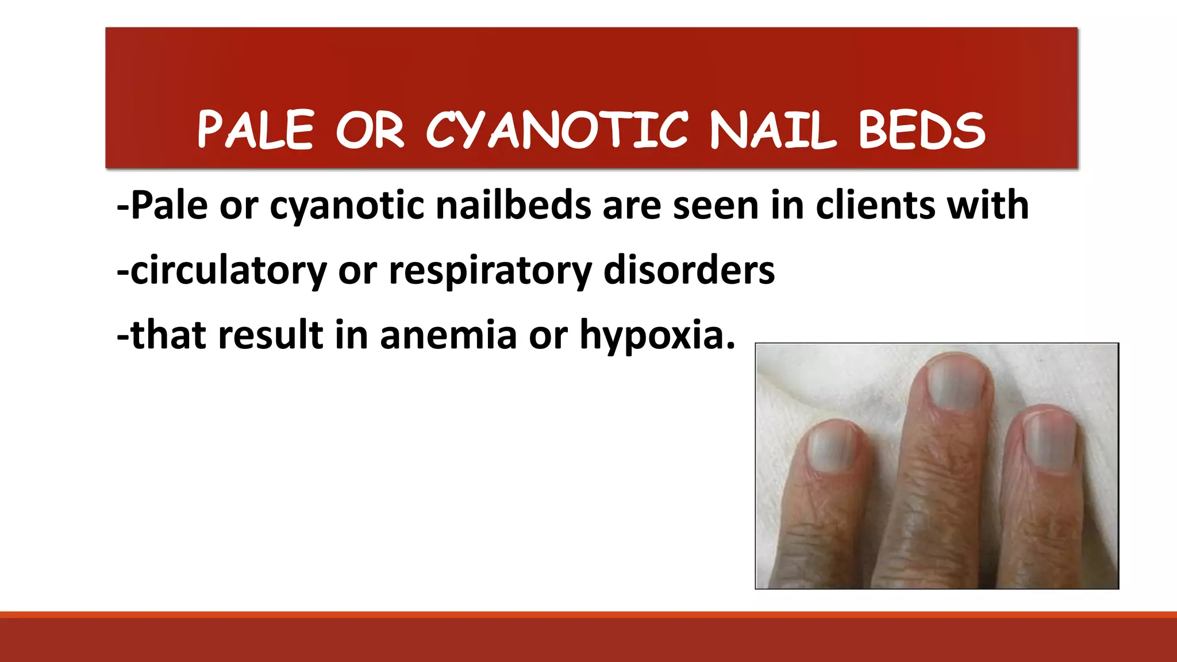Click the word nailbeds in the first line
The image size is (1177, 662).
513,205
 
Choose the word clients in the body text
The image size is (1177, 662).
875,205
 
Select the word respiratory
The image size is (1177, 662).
490,270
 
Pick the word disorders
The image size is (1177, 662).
688,270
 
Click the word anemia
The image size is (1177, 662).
448,335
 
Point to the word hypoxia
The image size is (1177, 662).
657,335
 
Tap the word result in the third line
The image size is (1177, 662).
271,335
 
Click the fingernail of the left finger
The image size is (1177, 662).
831,449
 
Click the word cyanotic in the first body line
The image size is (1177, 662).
347,205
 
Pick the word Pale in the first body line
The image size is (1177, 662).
169,205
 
